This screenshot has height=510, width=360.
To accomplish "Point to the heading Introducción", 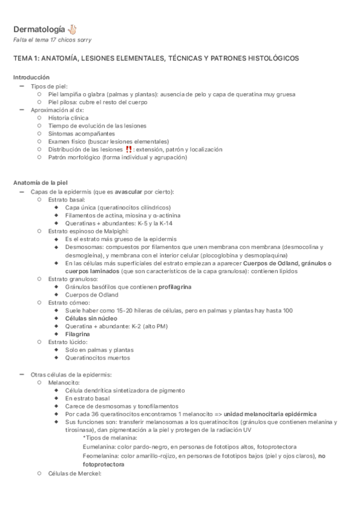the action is (32, 78).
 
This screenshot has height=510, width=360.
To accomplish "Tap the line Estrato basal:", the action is (67, 199).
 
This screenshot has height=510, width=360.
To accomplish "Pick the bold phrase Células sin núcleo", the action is (91, 318).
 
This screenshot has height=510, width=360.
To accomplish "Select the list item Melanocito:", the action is (64, 382).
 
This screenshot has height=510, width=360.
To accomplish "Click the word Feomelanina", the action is (99, 456).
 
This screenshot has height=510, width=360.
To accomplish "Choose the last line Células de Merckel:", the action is (75, 473).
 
